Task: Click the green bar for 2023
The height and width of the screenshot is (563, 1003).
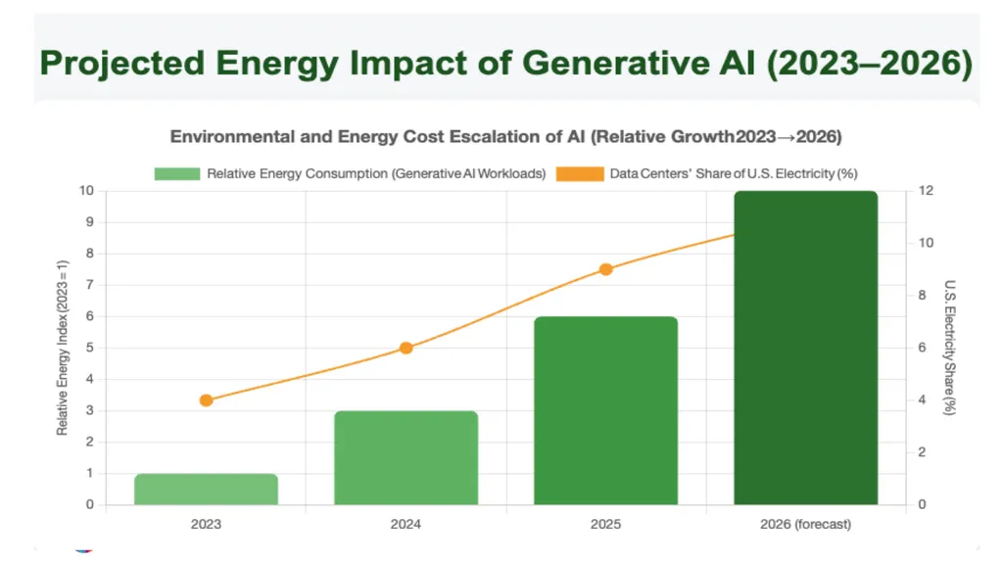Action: tap(206, 490)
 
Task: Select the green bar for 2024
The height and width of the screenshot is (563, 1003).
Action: tap(406, 458)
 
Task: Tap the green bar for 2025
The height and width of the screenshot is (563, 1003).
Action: tap(605, 410)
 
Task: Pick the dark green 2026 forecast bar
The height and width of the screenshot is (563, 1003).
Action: tap(806, 348)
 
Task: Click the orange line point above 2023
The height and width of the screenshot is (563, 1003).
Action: tap(206, 400)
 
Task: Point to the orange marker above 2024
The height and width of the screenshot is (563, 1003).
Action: tap(406, 348)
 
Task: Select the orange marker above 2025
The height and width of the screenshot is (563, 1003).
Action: tap(605, 269)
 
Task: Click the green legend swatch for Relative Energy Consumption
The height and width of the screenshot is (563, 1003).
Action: tap(177, 174)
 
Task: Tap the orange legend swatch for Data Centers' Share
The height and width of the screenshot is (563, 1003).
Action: tap(580, 174)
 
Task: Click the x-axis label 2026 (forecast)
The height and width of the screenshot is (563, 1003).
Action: tap(805, 524)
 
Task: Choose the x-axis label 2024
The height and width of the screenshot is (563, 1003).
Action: tap(406, 524)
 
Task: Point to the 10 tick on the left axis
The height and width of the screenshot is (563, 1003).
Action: tap(86, 191)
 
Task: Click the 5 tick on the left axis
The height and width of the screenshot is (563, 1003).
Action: tap(90, 348)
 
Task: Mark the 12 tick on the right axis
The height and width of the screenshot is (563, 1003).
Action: tap(926, 191)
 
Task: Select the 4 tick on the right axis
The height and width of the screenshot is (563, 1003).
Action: tap(922, 399)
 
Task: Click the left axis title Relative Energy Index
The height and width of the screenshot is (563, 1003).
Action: tap(62, 348)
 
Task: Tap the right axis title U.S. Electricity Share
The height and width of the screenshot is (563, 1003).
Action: tap(950, 348)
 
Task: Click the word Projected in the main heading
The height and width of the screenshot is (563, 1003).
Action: tap(122, 64)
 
